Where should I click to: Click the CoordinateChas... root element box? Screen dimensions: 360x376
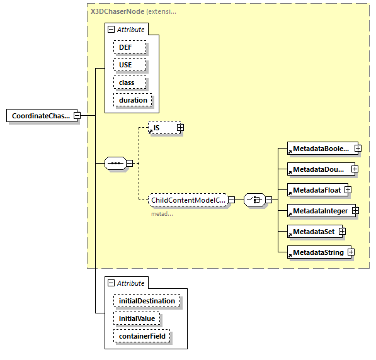pos(40,116)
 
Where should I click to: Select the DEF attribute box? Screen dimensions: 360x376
pos(129,47)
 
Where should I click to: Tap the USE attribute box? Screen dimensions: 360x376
pos(129,65)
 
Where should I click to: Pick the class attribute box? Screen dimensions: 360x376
pos(130,82)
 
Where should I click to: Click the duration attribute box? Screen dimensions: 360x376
pos(132,100)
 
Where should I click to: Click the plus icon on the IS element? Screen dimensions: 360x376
pos(180,128)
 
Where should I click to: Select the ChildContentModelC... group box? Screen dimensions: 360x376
pos(188,200)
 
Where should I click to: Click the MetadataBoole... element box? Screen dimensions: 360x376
pos(320,149)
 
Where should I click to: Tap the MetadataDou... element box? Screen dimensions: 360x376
pos(318,169)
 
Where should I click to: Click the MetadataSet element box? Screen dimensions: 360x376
pos(313,232)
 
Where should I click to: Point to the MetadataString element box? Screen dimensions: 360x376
pos(317,252)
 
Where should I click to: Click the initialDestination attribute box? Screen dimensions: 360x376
pos(147,301)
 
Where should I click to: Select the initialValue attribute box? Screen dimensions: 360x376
pos(137,319)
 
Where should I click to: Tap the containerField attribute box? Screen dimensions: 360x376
pos(142,337)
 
